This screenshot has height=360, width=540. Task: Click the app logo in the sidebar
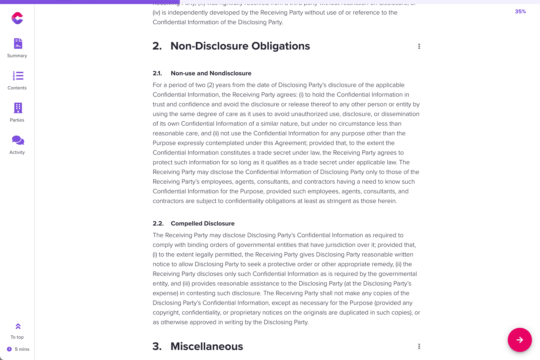click(x=17, y=18)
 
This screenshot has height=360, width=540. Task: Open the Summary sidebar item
click(x=17, y=48)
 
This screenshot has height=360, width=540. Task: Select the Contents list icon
click(x=18, y=76)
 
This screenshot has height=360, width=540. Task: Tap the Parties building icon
click(x=18, y=108)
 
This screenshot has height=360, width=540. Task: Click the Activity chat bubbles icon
click(x=18, y=140)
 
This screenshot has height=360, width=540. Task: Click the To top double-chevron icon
click(x=18, y=326)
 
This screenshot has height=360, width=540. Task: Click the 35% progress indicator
click(x=520, y=12)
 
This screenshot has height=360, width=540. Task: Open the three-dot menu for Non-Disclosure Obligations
click(x=419, y=46)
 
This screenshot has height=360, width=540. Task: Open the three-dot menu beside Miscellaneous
click(x=419, y=346)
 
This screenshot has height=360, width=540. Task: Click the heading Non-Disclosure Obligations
click(x=240, y=46)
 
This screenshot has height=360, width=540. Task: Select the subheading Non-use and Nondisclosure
click(x=211, y=73)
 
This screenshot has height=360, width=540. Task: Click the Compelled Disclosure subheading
click(x=202, y=223)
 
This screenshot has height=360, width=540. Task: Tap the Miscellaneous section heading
click(x=207, y=346)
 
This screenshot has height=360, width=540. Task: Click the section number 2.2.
click(x=158, y=223)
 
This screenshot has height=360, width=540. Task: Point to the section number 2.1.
click(x=157, y=73)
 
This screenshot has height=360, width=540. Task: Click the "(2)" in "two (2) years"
click(x=210, y=85)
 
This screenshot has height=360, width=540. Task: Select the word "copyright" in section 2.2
click(x=166, y=313)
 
